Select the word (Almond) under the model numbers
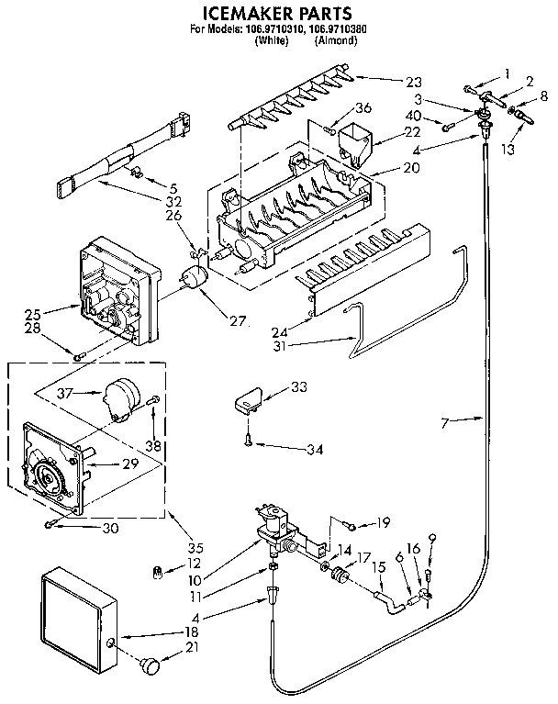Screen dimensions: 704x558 click(x=334, y=41)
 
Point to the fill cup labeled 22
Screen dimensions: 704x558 click(x=352, y=144)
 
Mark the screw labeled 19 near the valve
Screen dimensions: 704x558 click(x=351, y=524)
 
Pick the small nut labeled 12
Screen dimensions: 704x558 click(x=157, y=574)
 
